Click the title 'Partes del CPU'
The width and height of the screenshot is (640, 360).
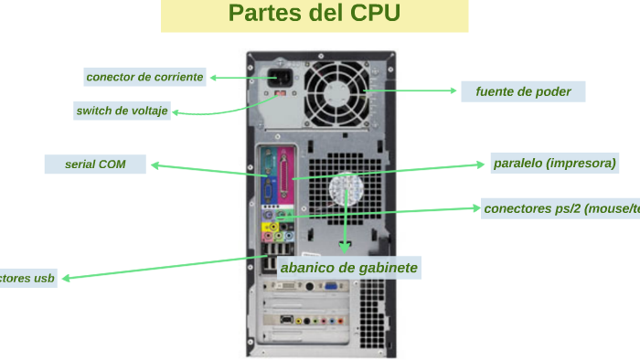[x=315, y=15]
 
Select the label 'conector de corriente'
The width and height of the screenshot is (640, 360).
[x=144, y=77]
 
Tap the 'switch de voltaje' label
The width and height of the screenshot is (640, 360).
[x=122, y=111]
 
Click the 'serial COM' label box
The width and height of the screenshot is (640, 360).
[x=95, y=164]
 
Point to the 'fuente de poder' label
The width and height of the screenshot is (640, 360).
[x=523, y=91]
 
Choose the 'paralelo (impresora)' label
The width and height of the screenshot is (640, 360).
[x=554, y=164]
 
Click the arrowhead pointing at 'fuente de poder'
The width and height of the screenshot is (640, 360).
[x=453, y=90]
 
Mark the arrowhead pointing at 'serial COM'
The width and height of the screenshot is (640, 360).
[x=154, y=165]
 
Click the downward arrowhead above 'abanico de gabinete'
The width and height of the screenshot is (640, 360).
[x=345, y=248]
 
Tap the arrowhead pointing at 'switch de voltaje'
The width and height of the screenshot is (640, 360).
[x=176, y=112]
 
